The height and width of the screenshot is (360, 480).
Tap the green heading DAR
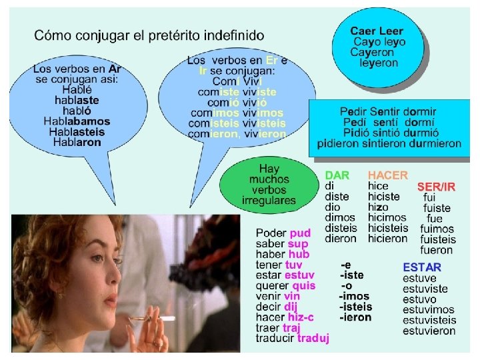(337, 175)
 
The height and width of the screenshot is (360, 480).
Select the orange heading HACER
(387, 175)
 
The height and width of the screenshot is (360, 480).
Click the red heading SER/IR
(436, 187)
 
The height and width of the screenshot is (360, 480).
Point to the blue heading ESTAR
(422, 267)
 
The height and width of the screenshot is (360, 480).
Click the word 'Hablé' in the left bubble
(77, 89)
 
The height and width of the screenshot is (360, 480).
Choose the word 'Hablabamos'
(77, 121)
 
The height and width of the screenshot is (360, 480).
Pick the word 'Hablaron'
(77, 142)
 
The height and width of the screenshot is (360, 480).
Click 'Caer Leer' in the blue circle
(377, 31)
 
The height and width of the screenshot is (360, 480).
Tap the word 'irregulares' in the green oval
(269, 201)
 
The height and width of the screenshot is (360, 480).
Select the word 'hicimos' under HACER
(387, 217)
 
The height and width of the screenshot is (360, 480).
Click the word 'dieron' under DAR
(341, 238)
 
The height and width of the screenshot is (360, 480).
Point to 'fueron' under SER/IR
(437, 250)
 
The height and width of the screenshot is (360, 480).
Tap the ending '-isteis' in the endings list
(356, 307)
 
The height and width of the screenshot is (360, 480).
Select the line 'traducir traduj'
(293, 339)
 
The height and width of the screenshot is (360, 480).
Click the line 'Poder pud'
(283, 233)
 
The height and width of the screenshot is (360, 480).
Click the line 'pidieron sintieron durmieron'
(389, 143)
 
